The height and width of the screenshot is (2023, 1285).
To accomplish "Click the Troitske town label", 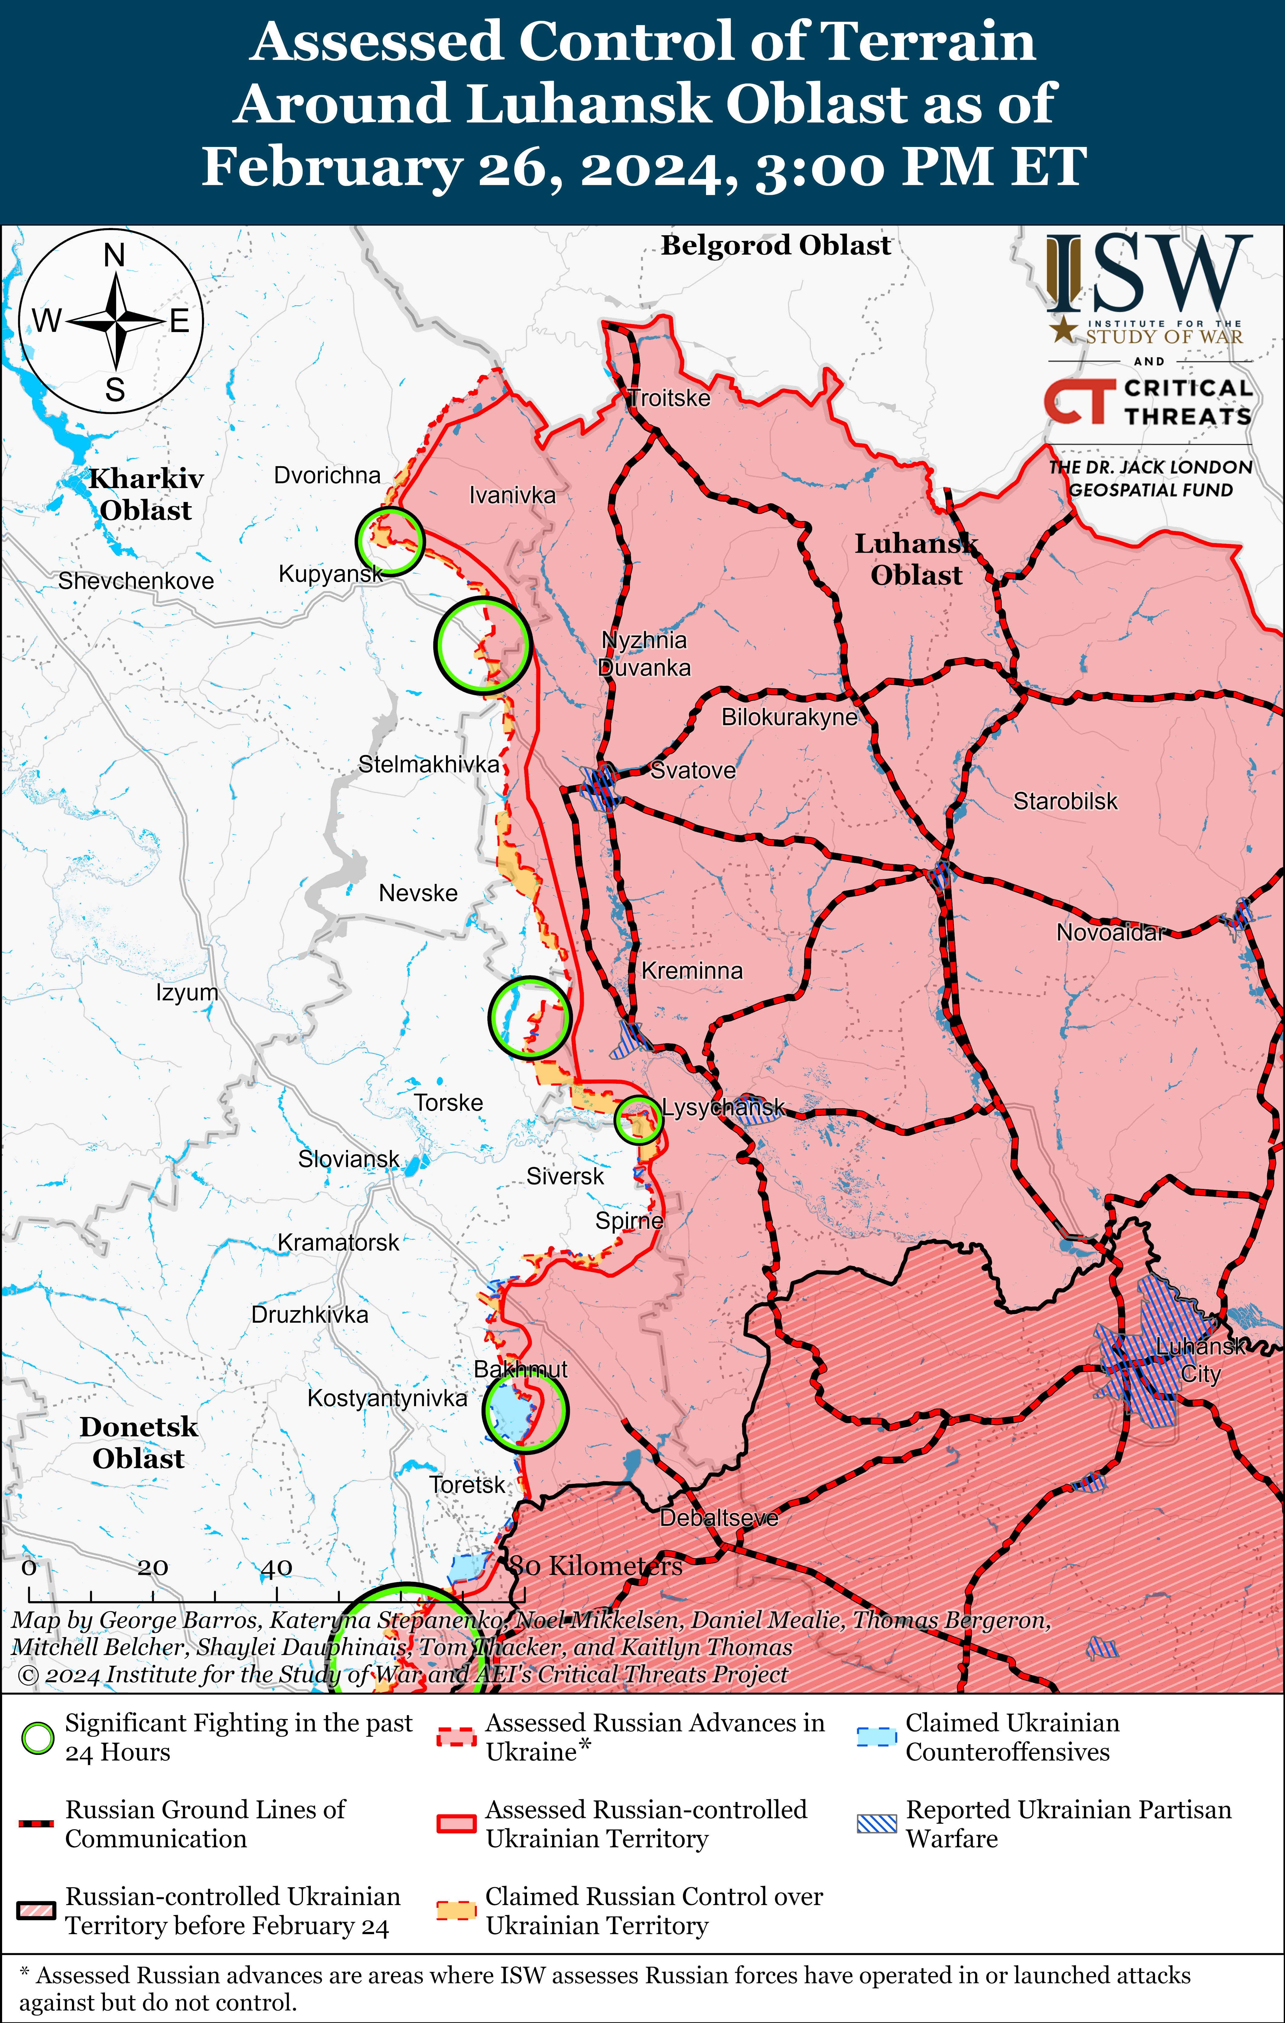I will [x=669, y=398].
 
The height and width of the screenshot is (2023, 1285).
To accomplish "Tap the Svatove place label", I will [x=693, y=770].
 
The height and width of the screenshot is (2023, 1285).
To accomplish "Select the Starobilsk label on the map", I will [x=1065, y=801].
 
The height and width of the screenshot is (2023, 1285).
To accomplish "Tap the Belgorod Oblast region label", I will [x=775, y=245].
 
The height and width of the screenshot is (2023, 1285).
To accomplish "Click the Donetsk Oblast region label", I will [x=138, y=1442].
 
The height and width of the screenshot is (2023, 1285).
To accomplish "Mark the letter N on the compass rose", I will [x=114, y=256].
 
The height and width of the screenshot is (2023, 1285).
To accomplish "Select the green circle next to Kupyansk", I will [x=390, y=541].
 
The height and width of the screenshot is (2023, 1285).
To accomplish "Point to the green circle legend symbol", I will [x=38, y=1738].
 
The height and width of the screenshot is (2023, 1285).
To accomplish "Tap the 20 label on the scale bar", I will [x=153, y=1568].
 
